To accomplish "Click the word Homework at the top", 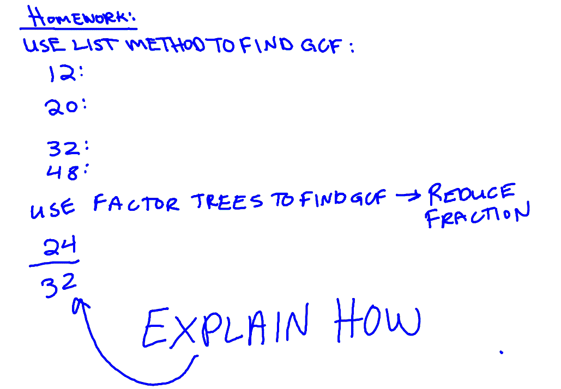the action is point(78,16).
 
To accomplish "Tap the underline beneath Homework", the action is point(78,28).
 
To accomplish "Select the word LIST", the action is point(94,45).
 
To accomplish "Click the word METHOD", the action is point(166,45).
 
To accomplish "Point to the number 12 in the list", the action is point(62,74).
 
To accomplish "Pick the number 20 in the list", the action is point(61,107).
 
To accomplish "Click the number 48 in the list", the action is point(62,172).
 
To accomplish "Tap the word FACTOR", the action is point(136,202).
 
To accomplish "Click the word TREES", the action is point(226,201).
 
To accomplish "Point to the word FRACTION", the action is point(477,215).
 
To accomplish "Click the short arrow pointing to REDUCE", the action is point(408,196).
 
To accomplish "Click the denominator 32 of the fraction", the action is point(58,285).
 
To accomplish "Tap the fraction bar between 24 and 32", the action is point(54,264).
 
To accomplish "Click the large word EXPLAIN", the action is point(225,327).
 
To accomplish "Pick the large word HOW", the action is point(377,319).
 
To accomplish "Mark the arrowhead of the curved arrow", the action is point(80,305).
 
